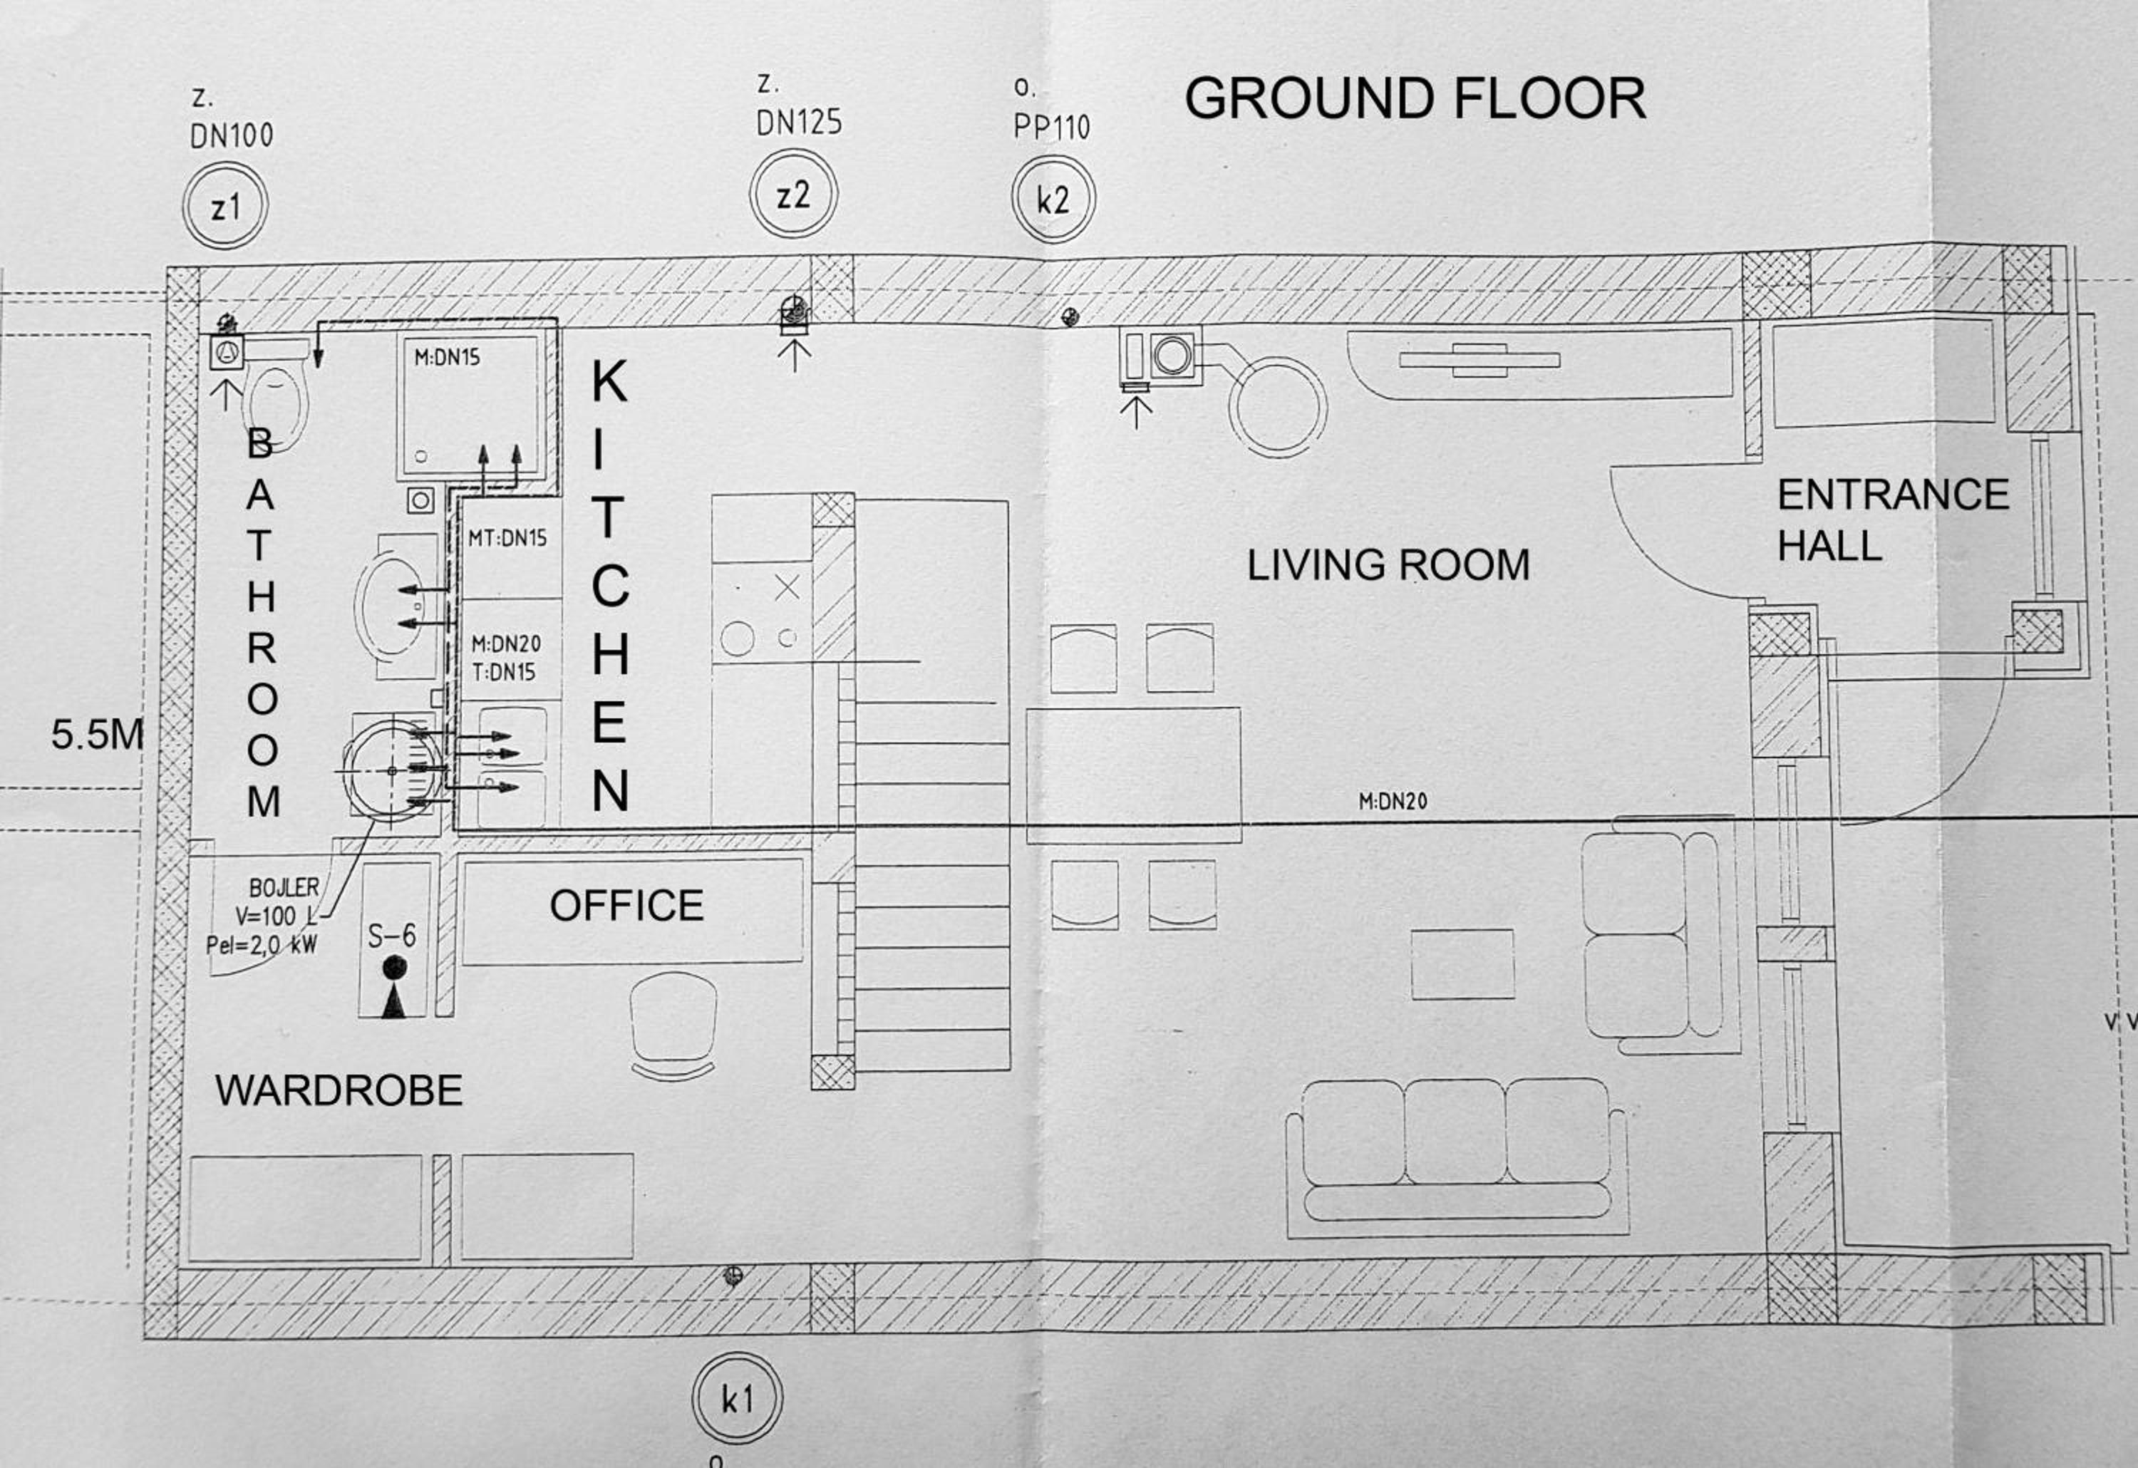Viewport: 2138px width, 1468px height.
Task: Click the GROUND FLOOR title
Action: (1414, 98)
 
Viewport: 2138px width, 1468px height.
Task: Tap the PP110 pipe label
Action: (1051, 127)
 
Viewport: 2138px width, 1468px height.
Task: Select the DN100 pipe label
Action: (232, 136)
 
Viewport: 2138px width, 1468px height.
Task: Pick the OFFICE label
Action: (626, 906)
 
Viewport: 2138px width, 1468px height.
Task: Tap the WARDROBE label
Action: (339, 1091)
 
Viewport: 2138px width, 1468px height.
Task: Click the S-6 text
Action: (392, 936)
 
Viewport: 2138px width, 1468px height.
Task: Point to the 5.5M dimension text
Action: (98, 735)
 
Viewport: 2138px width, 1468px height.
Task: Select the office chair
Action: (673, 1025)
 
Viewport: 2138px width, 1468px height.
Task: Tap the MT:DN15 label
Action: (507, 538)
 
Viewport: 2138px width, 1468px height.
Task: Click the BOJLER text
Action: (284, 888)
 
